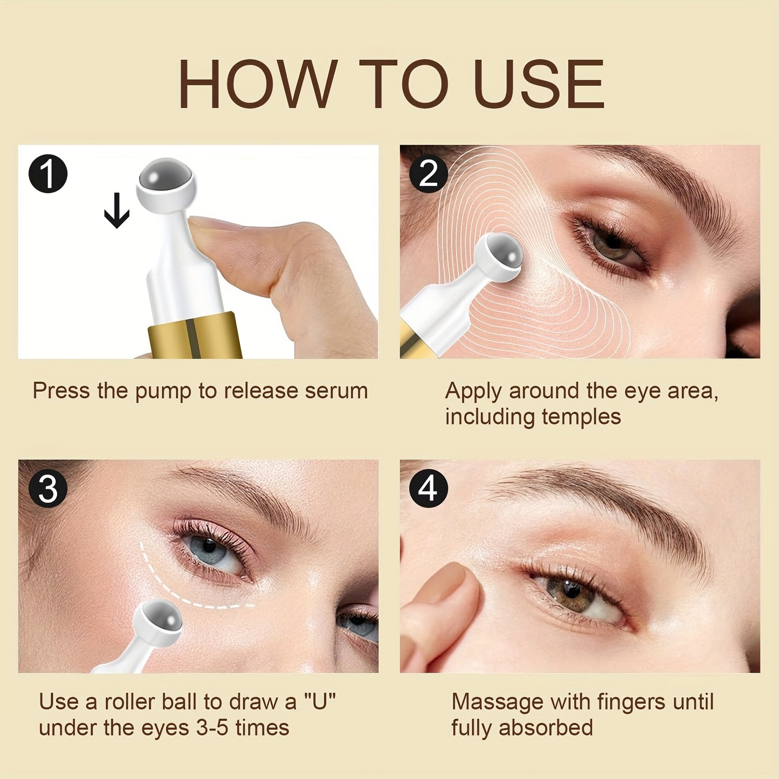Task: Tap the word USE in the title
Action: (x=538, y=85)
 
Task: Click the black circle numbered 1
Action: (x=48, y=174)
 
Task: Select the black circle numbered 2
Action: (x=429, y=174)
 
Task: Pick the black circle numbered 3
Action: (x=48, y=489)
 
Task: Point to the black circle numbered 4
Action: (x=429, y=489)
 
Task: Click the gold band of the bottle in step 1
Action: (x=194, y=337)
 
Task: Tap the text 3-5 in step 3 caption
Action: (x=213, y=728)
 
